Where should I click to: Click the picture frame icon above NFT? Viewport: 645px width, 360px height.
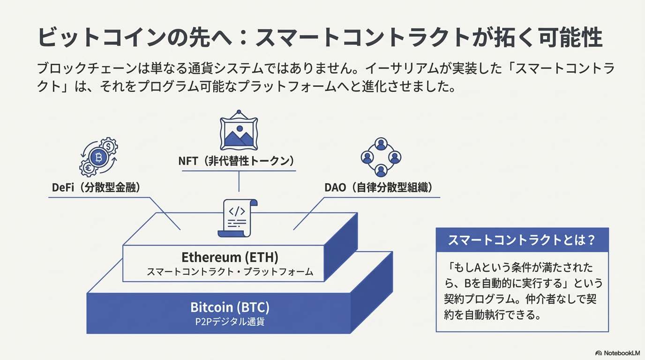click(x=239, y=131)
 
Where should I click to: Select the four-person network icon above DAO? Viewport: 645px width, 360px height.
click(x=381, y=157)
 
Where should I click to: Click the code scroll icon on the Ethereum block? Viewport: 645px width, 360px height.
click(x=238, y=217)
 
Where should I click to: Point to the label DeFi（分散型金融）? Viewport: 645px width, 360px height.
click(x=97, y=187)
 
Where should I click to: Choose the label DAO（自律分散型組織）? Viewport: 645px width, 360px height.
click(x=378, y=187)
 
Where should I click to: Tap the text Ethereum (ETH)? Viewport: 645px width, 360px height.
click(x=230, y=257)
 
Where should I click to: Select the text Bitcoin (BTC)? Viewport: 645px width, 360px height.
click(x=230, y=307)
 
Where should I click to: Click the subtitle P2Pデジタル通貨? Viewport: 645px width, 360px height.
click(x=230, y=322)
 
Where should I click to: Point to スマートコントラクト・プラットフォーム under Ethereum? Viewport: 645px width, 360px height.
click(x=230, y=272)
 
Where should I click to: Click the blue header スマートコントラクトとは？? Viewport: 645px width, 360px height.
click(x=522, y=240)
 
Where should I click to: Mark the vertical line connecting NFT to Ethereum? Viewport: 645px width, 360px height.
click(x=239, y=181)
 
